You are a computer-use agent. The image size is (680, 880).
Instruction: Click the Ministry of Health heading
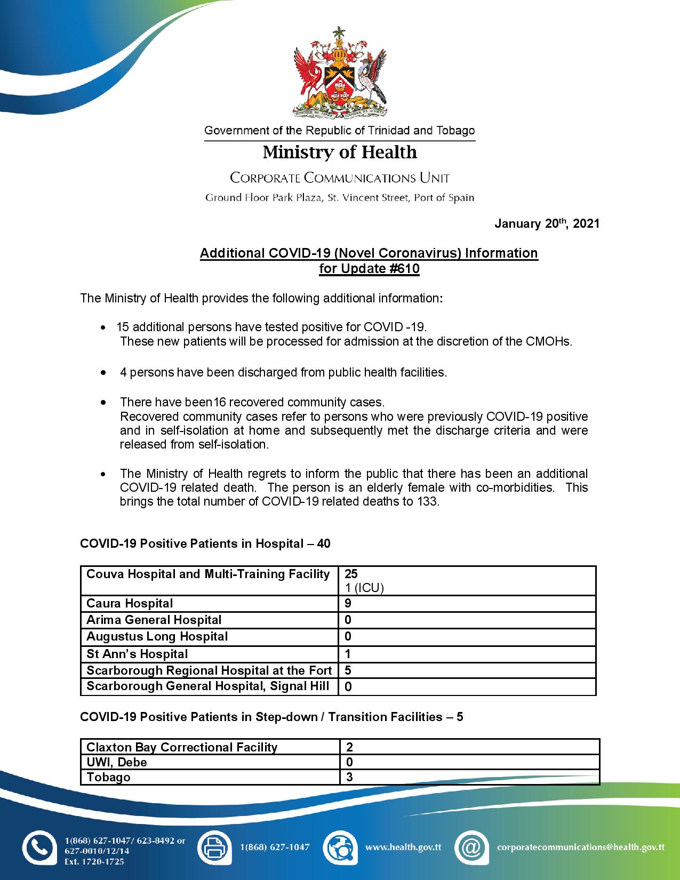coord(340,153)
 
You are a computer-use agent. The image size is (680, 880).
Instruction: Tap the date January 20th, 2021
coord(547,223)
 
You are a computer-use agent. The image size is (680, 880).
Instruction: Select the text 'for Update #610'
coord(369,268)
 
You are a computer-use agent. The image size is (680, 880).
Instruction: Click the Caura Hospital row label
coord(130,603)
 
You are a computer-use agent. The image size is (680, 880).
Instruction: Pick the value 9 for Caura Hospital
coord(348,603)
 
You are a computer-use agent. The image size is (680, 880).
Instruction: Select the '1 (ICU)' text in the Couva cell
coord(364,588)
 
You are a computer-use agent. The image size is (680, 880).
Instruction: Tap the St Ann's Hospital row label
coord(137,653)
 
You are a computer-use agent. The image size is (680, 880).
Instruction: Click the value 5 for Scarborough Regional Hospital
coord(348,670)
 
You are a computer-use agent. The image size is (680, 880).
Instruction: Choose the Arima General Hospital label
coord(154,620)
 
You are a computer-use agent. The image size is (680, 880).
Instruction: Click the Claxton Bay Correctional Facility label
coord(182,747)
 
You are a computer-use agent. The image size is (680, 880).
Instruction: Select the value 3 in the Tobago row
coord(350,777)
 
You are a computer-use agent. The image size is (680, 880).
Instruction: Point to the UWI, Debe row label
coord(117,762)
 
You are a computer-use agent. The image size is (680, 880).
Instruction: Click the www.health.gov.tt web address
coord(403,846)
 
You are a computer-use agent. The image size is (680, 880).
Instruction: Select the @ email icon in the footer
coord(471,846)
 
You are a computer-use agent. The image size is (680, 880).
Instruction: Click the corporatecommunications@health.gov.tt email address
coord(580,846)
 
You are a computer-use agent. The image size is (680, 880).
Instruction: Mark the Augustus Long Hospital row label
coord(157,636)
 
